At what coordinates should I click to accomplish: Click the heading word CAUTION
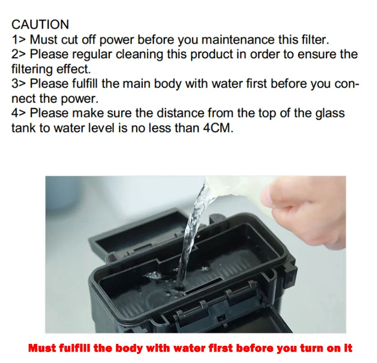point(40,24)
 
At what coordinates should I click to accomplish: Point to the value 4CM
point(218,128)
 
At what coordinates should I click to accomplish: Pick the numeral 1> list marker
point(19,40)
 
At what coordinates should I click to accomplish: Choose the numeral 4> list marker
point(19,113)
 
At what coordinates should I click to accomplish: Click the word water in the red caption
point(187,348)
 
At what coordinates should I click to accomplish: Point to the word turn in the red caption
point(312,348)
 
